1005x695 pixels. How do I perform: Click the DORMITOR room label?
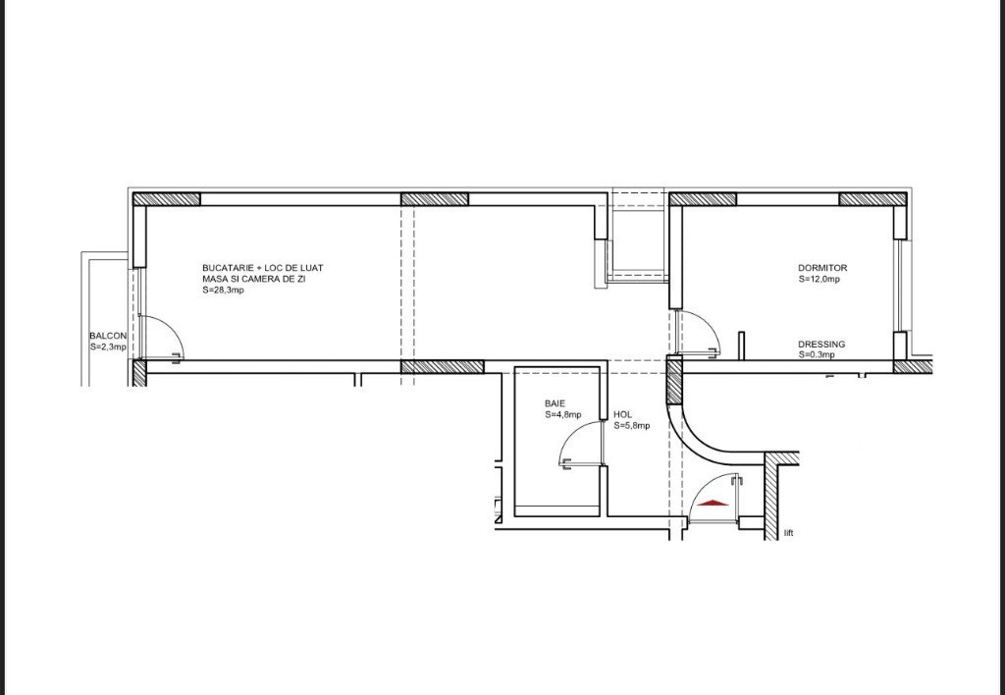click(822, 268)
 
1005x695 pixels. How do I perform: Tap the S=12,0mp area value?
click(820, 280)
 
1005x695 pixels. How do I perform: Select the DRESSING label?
click(821, 345)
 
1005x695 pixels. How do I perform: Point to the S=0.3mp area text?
click(817, 354)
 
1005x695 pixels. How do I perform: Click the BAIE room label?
click(555, 403)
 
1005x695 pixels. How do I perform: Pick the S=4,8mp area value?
click(563, 415)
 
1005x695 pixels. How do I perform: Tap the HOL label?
click(622, 415)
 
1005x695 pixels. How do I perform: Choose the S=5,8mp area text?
click(632, 426)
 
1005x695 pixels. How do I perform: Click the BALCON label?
click(108, 336)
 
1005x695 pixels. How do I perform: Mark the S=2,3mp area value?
click(108, 347)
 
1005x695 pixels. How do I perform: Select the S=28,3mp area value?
click(223, 290)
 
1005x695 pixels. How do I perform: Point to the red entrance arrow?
click(714, 504)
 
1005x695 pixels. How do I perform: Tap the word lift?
click(788, 533)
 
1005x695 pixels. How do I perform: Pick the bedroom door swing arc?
click(709, 323)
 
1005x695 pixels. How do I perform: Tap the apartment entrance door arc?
click(703, 487)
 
